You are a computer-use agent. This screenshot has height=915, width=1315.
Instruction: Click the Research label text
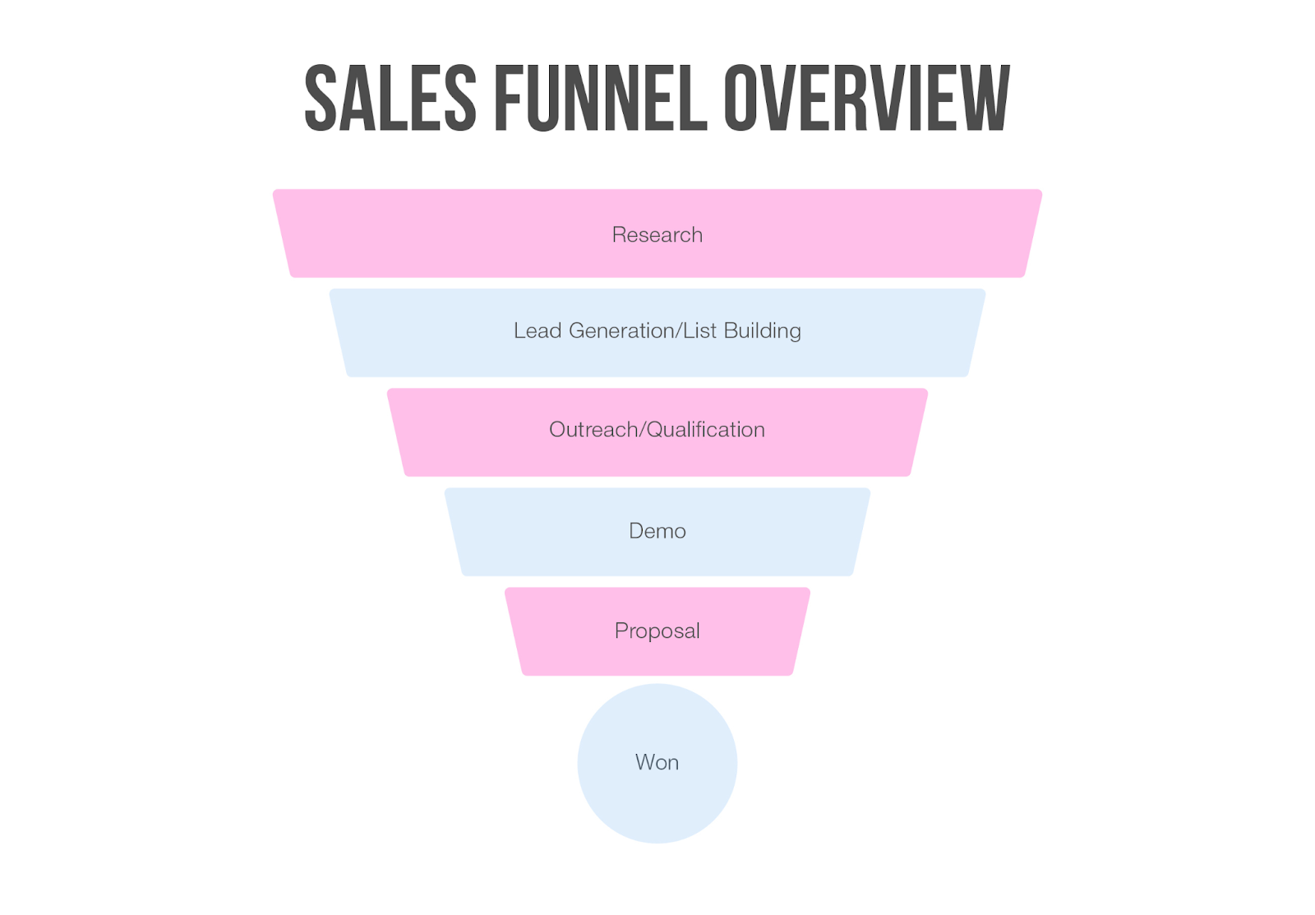657,235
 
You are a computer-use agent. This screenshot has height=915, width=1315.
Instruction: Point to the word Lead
538,330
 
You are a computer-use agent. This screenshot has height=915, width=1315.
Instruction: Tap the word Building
763,330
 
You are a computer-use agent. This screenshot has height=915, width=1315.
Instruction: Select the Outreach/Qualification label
657,430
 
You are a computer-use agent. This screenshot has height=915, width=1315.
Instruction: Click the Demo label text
657,531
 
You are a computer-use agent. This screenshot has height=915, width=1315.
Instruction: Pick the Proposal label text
657,631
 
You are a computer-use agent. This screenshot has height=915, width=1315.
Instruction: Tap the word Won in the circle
657,763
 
